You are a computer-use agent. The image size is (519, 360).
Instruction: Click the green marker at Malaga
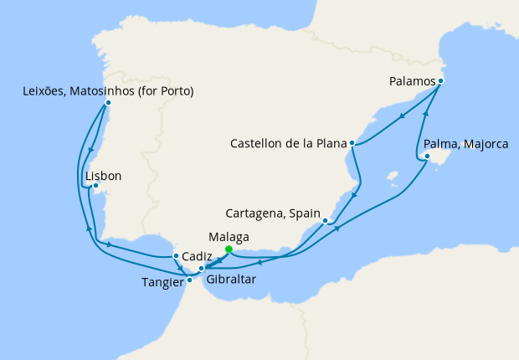[x=229, y=249]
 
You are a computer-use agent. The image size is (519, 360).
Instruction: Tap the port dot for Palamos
[x=440, y=81]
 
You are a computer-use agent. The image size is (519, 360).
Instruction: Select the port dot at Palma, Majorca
[x=427, y=156]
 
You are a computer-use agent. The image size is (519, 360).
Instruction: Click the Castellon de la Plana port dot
[x=353, y=143]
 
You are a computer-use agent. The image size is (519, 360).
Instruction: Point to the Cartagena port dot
[x=325, y=221]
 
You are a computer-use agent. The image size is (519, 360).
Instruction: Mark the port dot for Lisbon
[x=95, y=186]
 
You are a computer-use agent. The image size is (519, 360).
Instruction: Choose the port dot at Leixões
[x=108, y=103]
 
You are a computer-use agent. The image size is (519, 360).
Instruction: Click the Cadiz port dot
[x=175, y=256]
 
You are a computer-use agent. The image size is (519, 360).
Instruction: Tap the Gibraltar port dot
[x=201, y=269]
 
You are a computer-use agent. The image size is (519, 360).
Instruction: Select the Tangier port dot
[x=189, y=280]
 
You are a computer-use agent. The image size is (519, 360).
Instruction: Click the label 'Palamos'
[x=412, y=81]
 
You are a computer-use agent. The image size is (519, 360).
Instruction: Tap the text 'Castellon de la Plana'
[x=288, y=144]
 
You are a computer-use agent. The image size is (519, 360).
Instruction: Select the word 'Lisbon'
[x=104, y=176]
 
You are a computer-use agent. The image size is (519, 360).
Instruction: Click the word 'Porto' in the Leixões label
[x=173, y=90]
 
